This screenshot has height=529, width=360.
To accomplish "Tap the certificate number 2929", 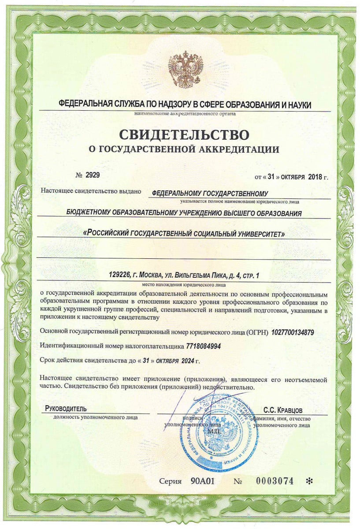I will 93,175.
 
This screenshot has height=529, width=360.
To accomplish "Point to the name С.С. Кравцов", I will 283,409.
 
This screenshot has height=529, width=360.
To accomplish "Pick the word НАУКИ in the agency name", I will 298,105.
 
